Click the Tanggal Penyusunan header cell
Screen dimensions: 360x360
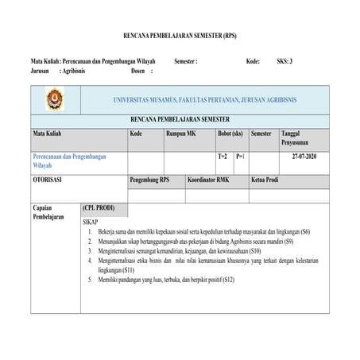[300, 139]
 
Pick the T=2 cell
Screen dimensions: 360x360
[223, 157]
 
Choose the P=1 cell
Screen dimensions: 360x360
[240, 157]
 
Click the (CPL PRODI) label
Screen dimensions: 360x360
[99, 207]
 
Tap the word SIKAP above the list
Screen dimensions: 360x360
[92, 222]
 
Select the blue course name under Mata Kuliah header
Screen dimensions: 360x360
[68, 161]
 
